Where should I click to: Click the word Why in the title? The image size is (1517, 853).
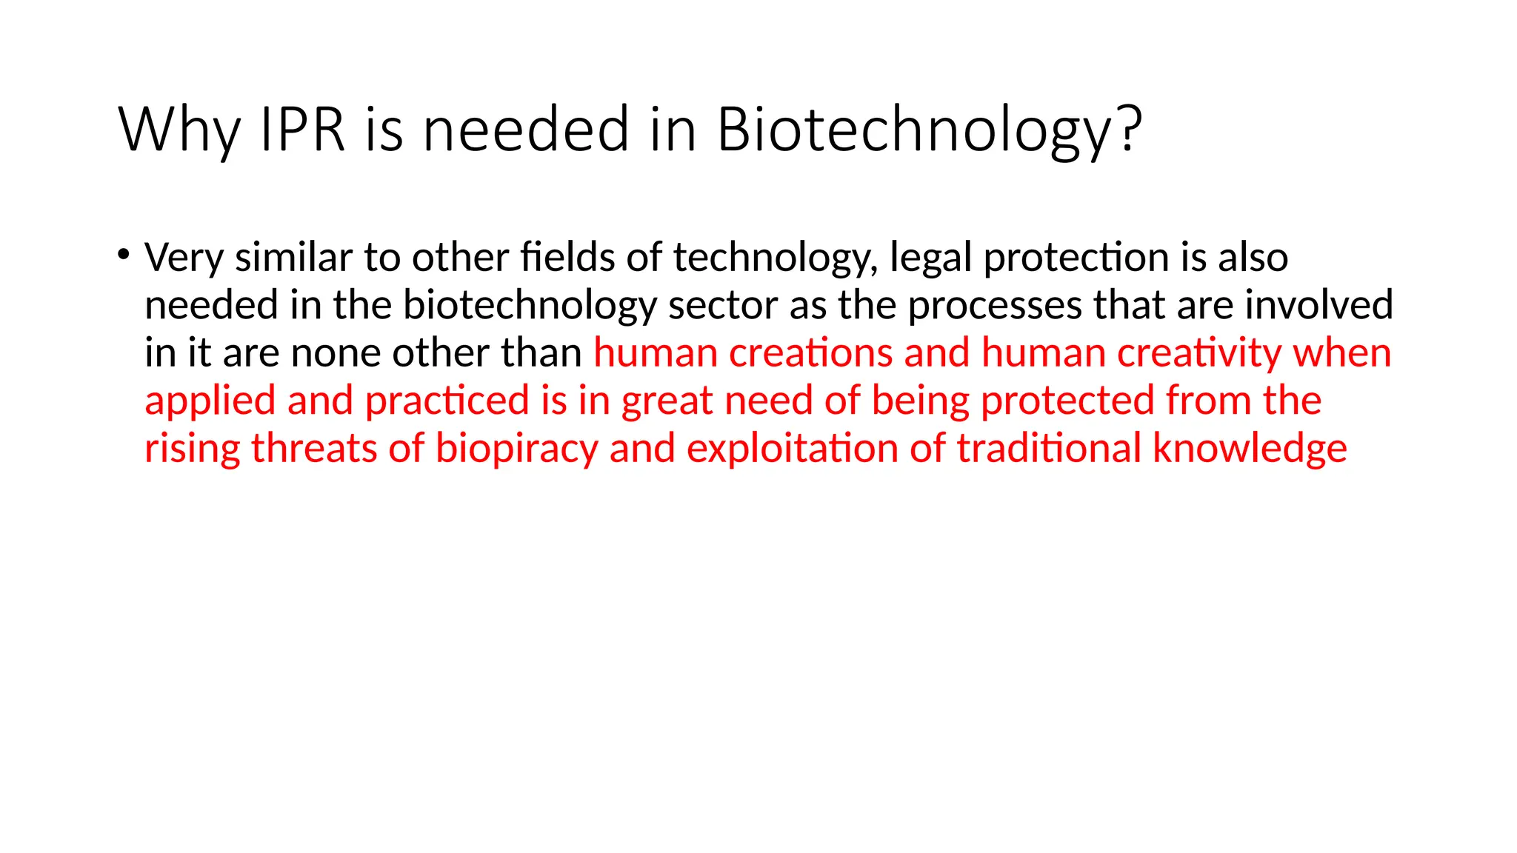(179, 130)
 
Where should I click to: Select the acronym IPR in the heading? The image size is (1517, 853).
(303, 130)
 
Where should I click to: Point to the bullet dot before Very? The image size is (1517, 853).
(123, 254)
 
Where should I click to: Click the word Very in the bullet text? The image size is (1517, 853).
(184, 258)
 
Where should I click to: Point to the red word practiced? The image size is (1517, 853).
(447, 401)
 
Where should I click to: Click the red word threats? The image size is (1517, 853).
(314, 448)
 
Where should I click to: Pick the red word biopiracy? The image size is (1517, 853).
(516, 449)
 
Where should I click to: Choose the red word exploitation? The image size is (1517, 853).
(793, 449)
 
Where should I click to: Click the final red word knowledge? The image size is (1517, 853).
(1250, 449)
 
